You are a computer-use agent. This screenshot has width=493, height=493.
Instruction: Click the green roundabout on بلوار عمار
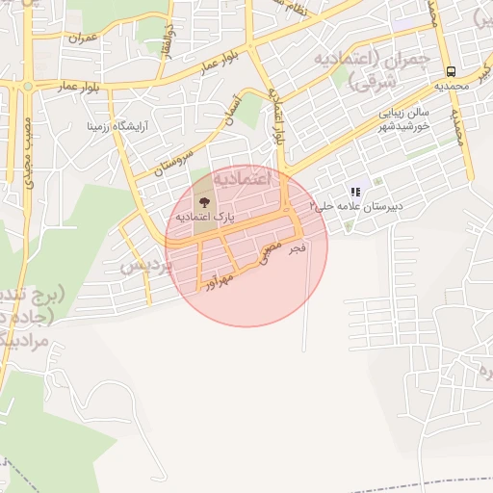27,86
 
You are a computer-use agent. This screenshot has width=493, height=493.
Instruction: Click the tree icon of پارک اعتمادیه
204,202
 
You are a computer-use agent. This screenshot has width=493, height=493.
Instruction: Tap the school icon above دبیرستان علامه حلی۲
355,192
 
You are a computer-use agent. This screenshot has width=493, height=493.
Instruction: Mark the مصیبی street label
272,252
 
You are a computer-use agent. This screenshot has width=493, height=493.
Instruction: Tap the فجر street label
298,248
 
